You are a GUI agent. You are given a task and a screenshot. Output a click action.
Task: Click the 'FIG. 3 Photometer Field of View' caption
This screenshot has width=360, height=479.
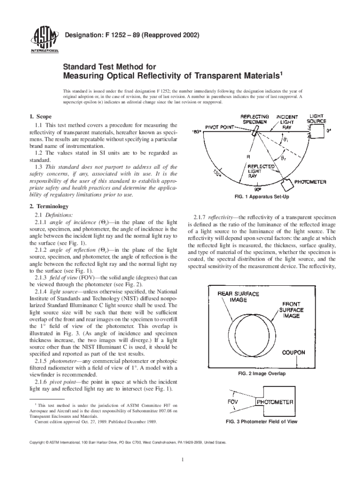coord(261,421)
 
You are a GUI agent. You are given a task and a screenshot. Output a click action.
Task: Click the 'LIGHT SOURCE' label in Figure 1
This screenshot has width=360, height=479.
coord(316,118)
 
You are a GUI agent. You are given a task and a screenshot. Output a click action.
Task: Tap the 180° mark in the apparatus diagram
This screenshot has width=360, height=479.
coord(197,132)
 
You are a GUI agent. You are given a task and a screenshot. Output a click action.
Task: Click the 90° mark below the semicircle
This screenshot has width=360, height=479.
coord(258,190)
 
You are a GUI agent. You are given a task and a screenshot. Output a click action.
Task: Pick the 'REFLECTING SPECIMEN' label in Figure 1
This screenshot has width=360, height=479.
coord(254,119)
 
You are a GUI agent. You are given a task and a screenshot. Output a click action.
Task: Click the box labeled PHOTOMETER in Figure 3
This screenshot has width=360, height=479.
coord(274,402)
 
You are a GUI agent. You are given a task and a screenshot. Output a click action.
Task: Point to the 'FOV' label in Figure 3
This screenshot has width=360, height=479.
coord(234,402)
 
